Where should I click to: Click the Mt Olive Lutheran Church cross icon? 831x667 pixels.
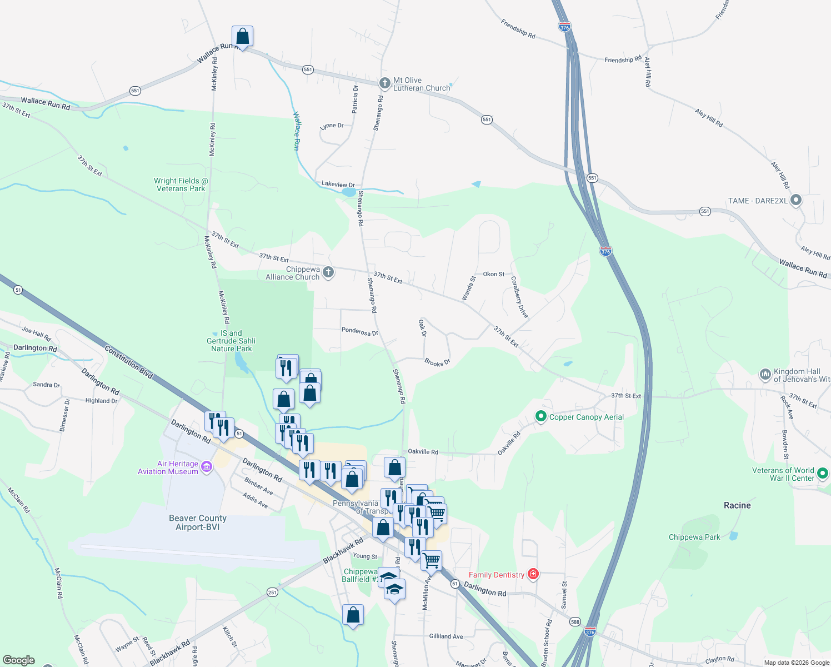[x=384, y=83]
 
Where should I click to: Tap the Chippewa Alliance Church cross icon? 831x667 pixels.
[x=328, y=272]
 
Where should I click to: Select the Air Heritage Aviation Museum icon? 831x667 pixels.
[x=207, y=467]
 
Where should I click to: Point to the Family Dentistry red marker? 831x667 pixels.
[x=533, y=574]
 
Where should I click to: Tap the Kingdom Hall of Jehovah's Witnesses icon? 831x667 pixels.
[x=765, y=375]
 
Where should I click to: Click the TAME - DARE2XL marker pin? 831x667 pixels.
[x=796, y=200]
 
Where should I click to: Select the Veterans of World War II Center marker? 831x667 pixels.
[x=823, y=474]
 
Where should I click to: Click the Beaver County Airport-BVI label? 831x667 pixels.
[x=198, y=522]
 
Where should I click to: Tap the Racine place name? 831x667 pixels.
[x=737, y=505]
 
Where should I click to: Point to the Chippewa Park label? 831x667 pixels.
[x=694, y=537]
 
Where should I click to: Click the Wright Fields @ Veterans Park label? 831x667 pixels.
[x=181, y=185]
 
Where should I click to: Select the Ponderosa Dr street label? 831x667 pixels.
[x=359, y=332]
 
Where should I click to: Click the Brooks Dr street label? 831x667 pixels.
[x=437, y=362]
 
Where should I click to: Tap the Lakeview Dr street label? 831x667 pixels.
[x=338, y=184]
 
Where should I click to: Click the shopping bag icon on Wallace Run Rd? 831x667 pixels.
[x=242, y=37]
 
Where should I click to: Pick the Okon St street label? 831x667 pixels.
[x=493, y=274]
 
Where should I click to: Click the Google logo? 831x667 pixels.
[x=19, y=660]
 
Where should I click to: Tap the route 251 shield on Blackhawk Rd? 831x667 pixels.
[x=272, y=593]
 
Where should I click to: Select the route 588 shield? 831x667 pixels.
[x=575, y=622]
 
